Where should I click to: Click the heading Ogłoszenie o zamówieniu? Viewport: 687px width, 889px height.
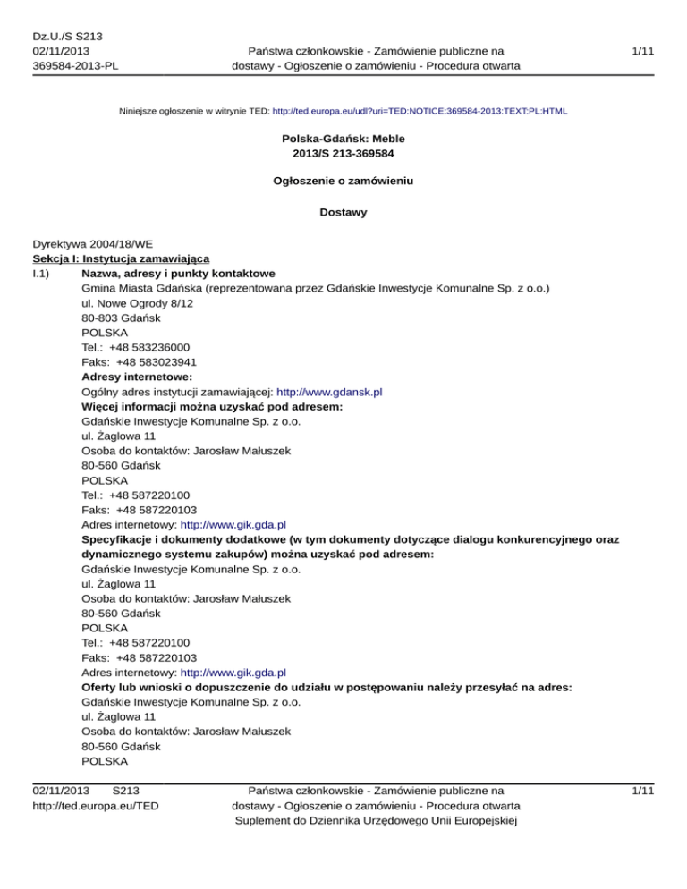pyautogui.click(x=343, y=181)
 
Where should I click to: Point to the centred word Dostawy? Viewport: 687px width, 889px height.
pyautogui.click(x=343, y=214)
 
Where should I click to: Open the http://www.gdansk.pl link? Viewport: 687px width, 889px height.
pyautogui.click(x=330, y=392)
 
